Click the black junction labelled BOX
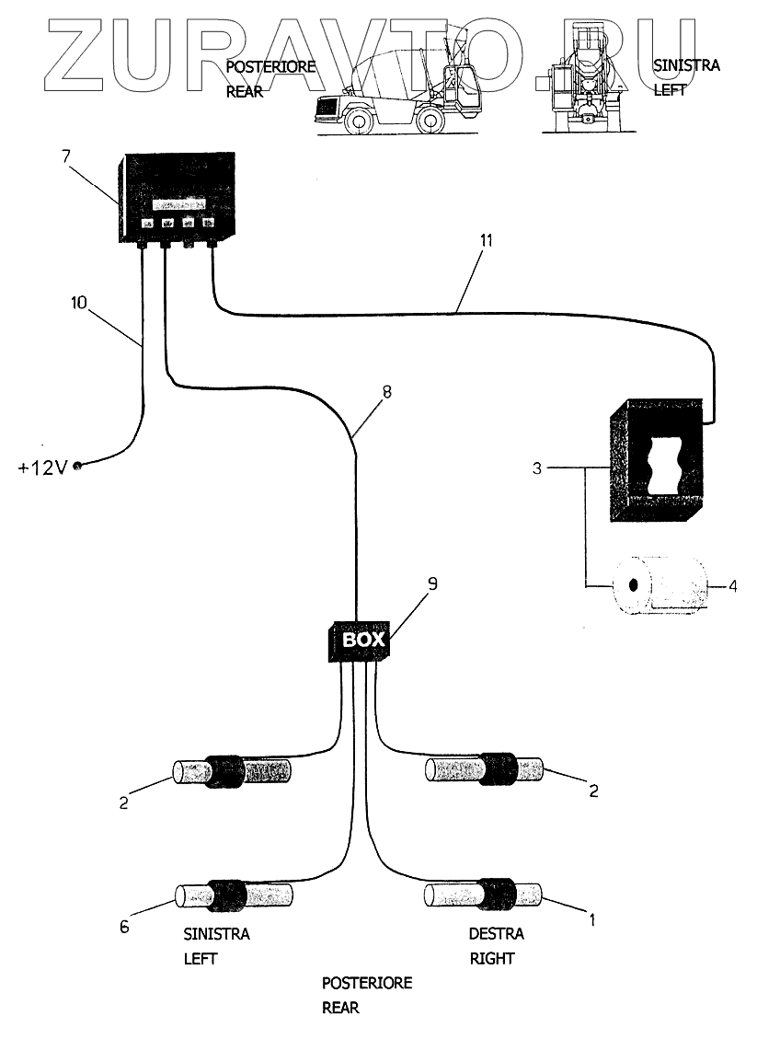357,639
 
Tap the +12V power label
42,467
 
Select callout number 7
66,156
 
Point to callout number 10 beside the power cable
79,301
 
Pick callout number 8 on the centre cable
386,391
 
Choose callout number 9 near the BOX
433,583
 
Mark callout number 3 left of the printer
537,468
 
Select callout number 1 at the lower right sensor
592,918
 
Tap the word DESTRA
496,934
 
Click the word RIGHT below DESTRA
492,958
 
